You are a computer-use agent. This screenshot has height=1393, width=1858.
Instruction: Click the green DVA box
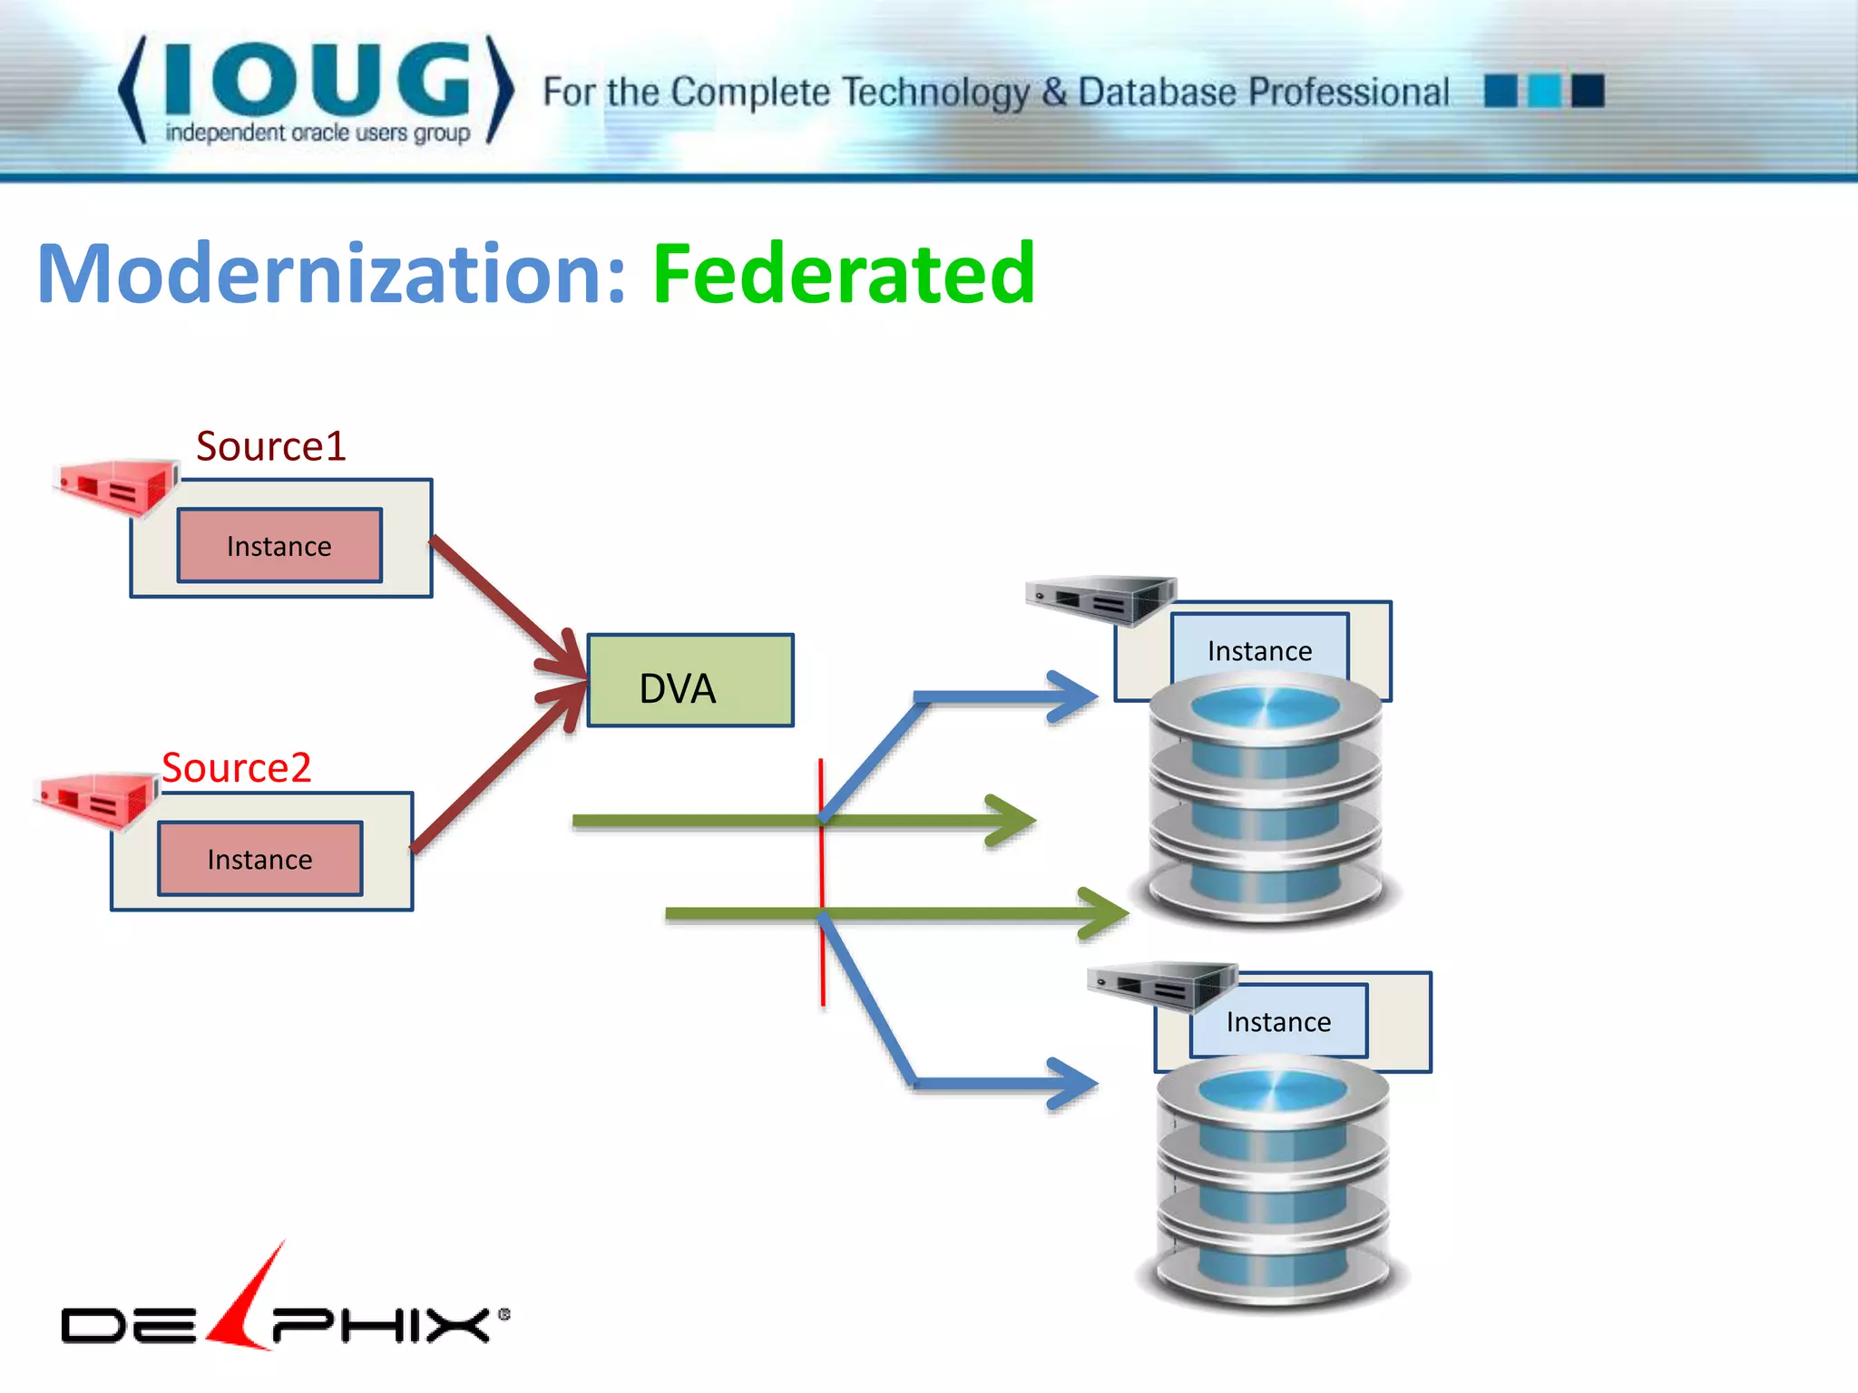tap(690, 680)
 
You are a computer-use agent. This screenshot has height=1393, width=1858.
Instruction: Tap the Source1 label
tap(271, 446)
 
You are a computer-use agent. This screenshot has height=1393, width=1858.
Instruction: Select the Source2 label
tap(237, 768)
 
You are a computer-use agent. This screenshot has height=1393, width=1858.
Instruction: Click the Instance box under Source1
tap(279, 545)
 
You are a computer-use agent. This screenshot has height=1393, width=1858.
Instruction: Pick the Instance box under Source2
tap(260, 859)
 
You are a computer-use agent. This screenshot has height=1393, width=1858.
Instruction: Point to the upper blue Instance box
tap(1259, 646)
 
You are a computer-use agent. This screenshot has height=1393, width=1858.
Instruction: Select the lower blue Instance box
tap(1278, 1021)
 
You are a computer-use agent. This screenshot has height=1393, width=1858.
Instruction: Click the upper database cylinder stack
tap(1266, 803)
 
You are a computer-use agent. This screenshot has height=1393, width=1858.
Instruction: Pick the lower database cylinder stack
tap(1273, 1184)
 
